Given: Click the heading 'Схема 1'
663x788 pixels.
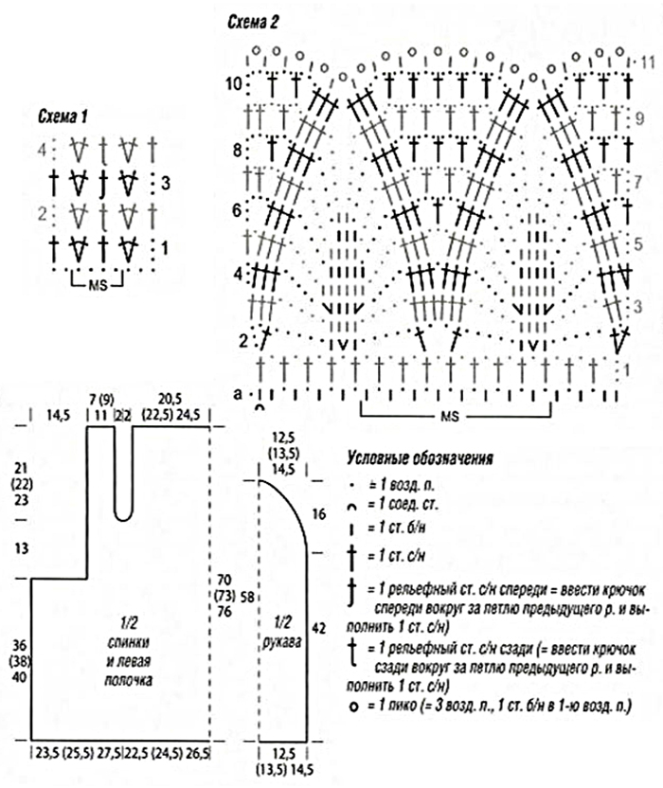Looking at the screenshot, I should click(x=63, y=117).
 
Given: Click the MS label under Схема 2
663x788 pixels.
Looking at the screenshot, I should click(x=457, y=416).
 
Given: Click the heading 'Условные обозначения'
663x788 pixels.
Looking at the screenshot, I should click(x=420, y=460).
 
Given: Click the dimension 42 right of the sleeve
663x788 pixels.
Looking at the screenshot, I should click(x=318, y=627).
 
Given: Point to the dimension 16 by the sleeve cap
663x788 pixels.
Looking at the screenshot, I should click(x=318, y=513).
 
